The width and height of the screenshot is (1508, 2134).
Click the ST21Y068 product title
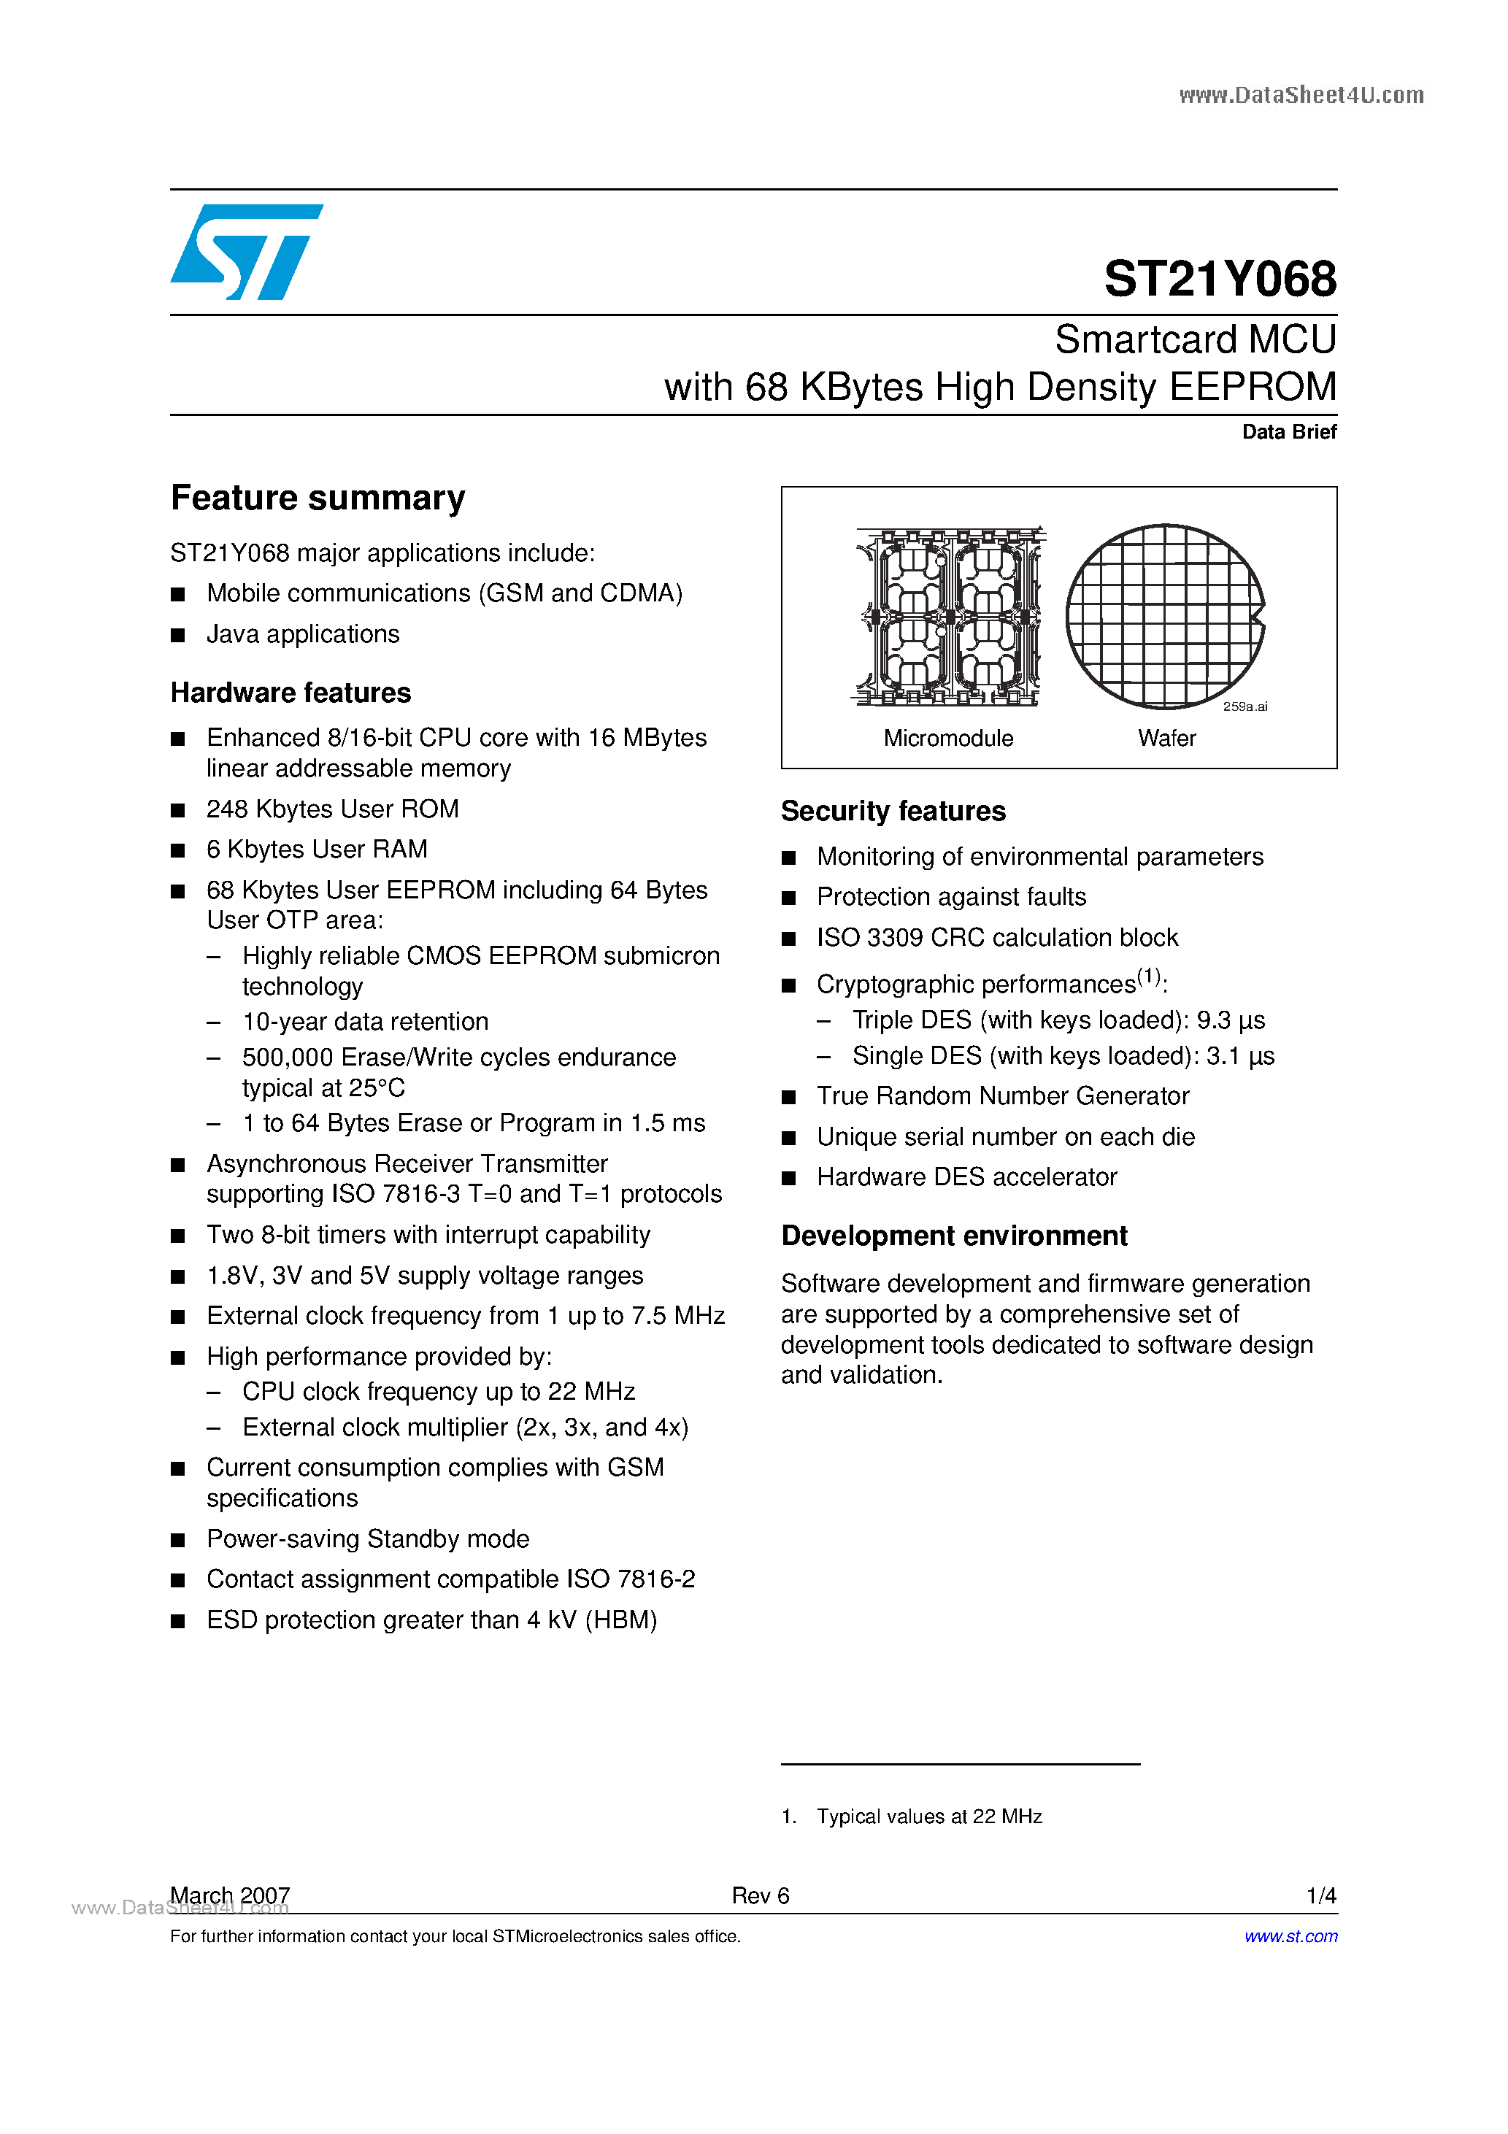pyautogui.click(x=1219, y=279)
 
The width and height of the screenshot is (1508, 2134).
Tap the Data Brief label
pyautogui.click(x=1288, y=432)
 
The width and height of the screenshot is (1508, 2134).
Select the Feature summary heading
pyautogui.click(x=318, y=498)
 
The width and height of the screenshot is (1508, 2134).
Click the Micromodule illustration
pyautogui.click(x=949, y=616)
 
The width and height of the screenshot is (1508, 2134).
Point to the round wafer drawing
pyautogui.click(x=1165, y=616)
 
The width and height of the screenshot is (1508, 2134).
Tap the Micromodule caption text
pyautogui.click(x=948, y=738)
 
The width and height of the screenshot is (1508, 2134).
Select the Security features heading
pyautogui.click(x=893, y=812)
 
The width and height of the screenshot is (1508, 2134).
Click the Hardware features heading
pyautogui.click(x=290, y=693)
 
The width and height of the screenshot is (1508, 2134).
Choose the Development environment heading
pyautogui.click(x=954, y=1236)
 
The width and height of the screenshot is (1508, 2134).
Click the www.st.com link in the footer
pyautogui.click(x=1290, y=1936)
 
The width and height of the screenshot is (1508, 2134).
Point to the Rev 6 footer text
pyautogui.click(x=760, y=1896)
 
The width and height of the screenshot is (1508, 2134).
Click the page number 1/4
pyautogui.click(x=1320, y=1896)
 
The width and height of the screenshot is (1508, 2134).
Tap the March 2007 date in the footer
pyautogui.click(x=230, y=1896)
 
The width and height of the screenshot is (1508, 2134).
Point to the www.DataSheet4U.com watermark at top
pyautogui.click(x=1301, y=95)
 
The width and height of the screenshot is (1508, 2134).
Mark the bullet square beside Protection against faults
pyautogui.click(x=789, y=898)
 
